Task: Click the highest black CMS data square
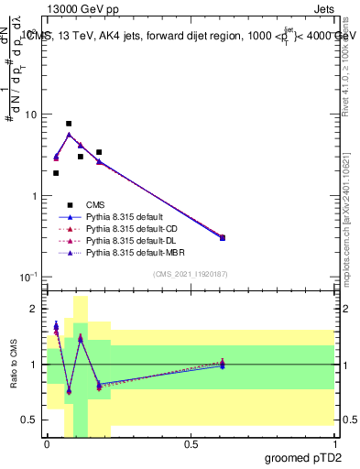69,123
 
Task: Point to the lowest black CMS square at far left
56,172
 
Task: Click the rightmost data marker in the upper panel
275,238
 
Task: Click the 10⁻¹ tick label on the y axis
27,276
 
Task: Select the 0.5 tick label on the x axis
191,443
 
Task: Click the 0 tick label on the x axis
47,443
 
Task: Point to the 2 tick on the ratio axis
34,310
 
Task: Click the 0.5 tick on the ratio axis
30,420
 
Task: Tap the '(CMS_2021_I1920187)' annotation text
191,275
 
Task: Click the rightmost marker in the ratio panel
275,364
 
